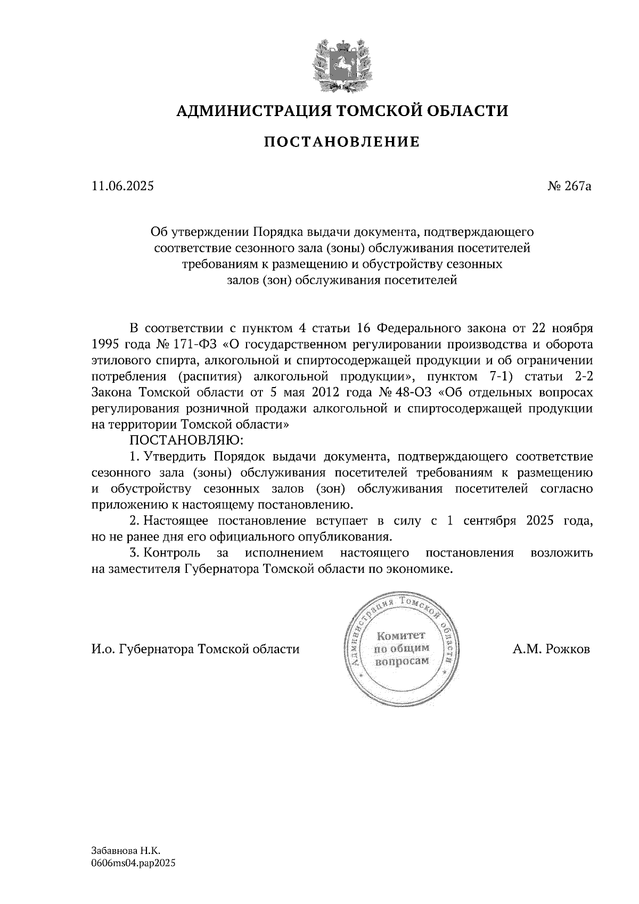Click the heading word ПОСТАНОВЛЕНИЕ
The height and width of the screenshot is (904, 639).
(x=342, y=142)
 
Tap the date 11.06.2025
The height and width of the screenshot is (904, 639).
(x=122, y=186)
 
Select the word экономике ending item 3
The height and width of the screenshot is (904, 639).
(x=424, y=569)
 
